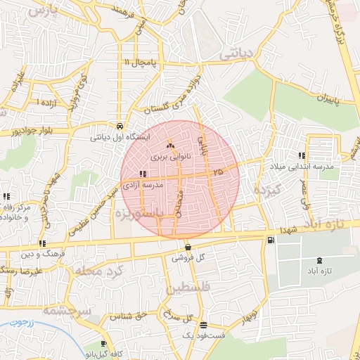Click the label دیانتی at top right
pos(236,53)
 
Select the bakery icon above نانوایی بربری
pos(169,146)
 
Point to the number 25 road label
pos(217,171)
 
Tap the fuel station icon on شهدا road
pos(271,240)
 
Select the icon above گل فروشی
pos(188,247)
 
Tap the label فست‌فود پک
pos(204,336)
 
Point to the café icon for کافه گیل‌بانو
pos(104,344)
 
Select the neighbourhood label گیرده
pos(267,189)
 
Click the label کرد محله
pos(98,271)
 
